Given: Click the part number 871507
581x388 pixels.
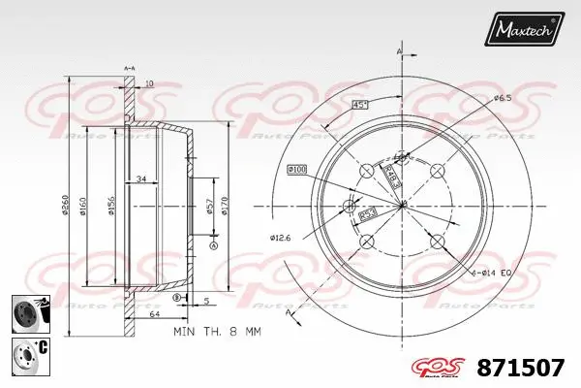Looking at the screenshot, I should click(521, 367).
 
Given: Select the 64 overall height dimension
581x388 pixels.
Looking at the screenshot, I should click(155, 314).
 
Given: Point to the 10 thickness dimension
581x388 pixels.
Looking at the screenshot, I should click(149, 84).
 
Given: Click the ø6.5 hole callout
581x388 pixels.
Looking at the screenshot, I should click(502, 98).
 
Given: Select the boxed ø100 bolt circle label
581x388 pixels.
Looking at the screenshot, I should click(296, 170).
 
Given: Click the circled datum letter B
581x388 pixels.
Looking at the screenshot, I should click(177, 298).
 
